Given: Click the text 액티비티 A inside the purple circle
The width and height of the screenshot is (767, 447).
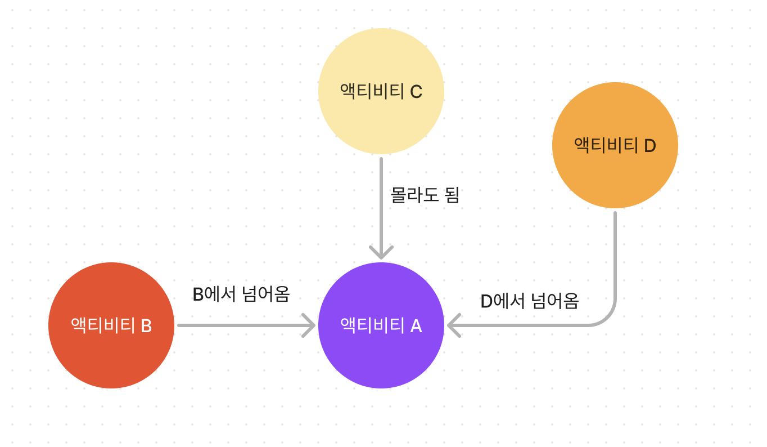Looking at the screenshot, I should pos(381,325).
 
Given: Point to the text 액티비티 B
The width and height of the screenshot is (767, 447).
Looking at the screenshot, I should pos(111,325).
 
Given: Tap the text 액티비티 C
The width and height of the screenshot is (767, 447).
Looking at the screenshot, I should pos(381,91).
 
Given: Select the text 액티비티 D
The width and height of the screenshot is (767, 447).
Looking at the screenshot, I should pos(615,145).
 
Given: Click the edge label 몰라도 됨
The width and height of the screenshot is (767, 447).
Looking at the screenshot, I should pos(425,195).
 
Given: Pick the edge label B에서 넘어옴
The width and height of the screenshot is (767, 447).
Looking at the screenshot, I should pos(241,294).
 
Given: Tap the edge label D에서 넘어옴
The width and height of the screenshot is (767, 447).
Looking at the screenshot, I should pos(529,301).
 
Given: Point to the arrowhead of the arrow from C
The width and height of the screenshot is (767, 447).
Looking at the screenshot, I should pos(381,254).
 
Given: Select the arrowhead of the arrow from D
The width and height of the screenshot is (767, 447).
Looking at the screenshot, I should pos(453,325).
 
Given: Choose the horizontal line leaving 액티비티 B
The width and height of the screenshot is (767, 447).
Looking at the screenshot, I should pos(242,325).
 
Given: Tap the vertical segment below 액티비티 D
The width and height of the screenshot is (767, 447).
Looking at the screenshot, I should pos(615,253).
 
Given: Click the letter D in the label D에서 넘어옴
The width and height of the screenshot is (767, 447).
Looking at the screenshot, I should pos(486,302).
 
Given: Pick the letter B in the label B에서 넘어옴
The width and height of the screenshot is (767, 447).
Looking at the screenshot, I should pos(197,294).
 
